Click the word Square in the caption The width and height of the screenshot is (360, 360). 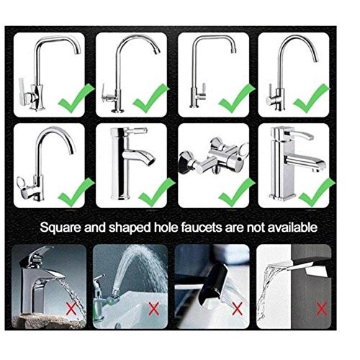[60, 228]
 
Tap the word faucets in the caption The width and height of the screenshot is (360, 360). [202, 227]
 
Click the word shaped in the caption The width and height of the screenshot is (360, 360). [130, 228]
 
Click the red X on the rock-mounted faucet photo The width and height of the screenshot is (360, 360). [71, 308]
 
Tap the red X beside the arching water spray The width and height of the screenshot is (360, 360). [153, 308]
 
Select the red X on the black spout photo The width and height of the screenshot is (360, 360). [237, 308]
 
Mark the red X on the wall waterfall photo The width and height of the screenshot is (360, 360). [322, 308]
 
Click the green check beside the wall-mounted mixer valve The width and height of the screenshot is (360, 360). [236, 192]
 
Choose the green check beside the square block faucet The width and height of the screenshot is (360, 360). [317, 192]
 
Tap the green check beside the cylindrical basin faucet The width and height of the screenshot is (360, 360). [156, 192]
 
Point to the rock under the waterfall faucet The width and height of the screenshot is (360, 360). [49, 320]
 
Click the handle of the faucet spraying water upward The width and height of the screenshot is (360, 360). [99, 279]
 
